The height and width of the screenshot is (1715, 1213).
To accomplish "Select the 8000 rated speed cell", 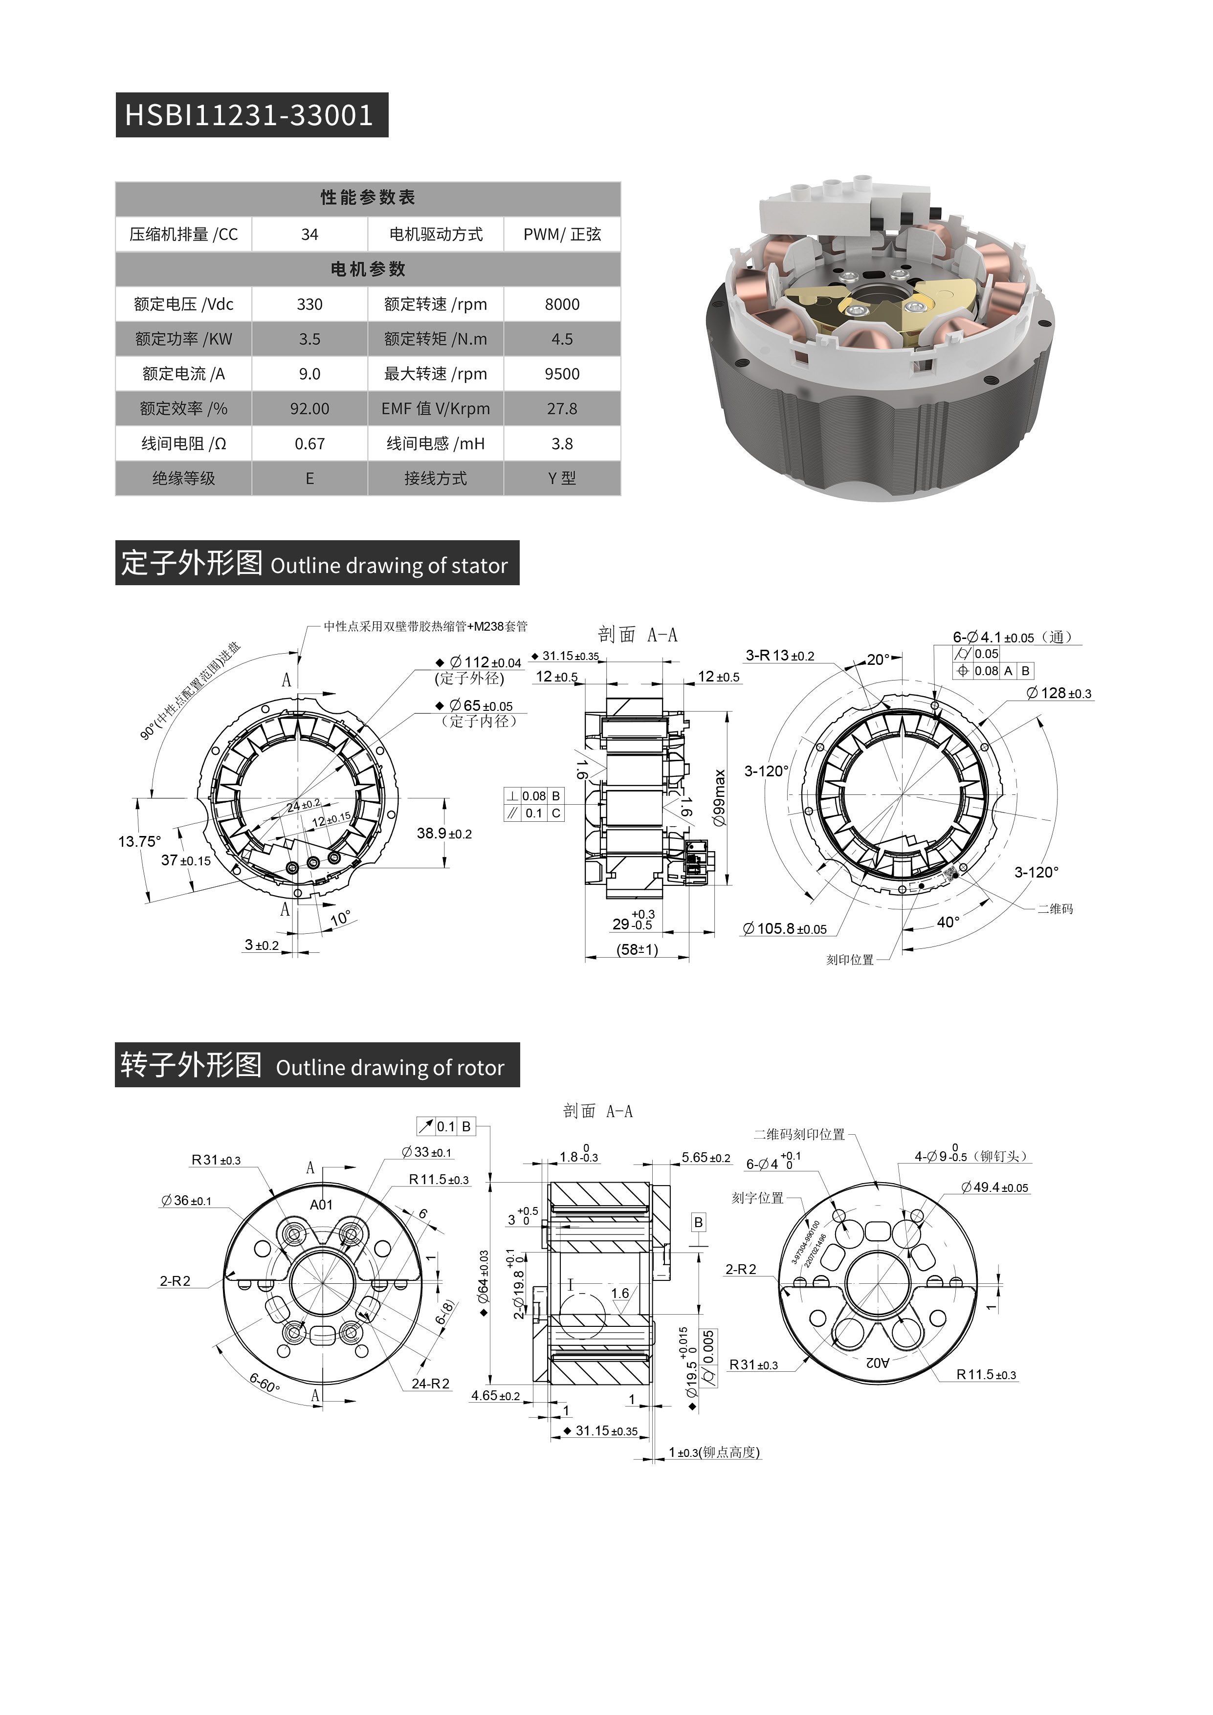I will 562,304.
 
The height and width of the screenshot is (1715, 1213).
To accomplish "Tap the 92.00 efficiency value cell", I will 309,409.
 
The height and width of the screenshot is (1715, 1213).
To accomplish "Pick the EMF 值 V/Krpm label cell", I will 436,409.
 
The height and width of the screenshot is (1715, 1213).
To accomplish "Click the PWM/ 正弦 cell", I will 562,235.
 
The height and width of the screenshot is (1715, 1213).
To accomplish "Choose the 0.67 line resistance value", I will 309,444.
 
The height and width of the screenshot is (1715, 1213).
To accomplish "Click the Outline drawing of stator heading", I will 388,566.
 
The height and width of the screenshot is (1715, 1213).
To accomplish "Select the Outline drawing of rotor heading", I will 390,1067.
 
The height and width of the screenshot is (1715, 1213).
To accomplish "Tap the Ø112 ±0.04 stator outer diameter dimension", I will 485,662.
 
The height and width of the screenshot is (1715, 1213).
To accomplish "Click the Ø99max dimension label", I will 719,797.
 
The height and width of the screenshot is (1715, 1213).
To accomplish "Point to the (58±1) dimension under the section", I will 637,949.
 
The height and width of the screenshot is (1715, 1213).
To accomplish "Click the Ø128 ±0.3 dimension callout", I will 1059,693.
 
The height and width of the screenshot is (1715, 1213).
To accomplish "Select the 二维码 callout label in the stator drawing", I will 1055,909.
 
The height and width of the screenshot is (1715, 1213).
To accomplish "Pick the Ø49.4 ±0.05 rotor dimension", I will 995,1187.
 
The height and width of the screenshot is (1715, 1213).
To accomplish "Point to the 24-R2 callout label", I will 431,1384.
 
